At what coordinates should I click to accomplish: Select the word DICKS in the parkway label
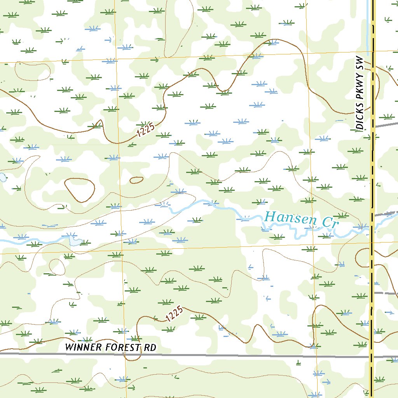[360, 117]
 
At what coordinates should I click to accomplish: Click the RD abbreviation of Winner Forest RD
[150, 347]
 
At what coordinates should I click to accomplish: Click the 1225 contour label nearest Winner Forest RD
[174, 314]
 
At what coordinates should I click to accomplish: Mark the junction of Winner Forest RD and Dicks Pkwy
[372, 356]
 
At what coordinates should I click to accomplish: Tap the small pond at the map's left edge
[2, 178]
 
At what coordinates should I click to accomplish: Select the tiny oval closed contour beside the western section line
[136, 180]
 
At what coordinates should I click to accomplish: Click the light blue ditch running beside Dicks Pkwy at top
[367, 27]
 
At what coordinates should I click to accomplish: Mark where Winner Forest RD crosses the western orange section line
[125, 354]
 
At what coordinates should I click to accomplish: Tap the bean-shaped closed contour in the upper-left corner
[33, 70]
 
